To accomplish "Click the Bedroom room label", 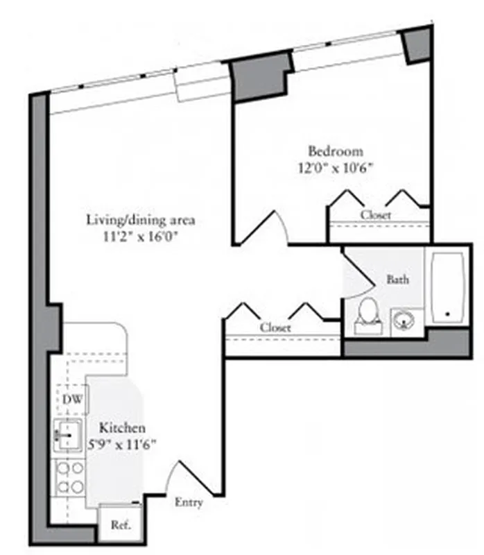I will [x=336, y=151].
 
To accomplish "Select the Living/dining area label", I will [x=140, y=221].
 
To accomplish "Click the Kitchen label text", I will [x=121, y=427].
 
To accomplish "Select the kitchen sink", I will [x=69, y=435].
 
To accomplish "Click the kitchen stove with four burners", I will [x=69, y=478].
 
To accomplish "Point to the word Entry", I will [x=189, y=502].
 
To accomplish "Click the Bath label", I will [x=397, y=280].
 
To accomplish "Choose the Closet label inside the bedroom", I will [x=375, y=215].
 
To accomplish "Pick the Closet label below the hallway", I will [x=275, y=327].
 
